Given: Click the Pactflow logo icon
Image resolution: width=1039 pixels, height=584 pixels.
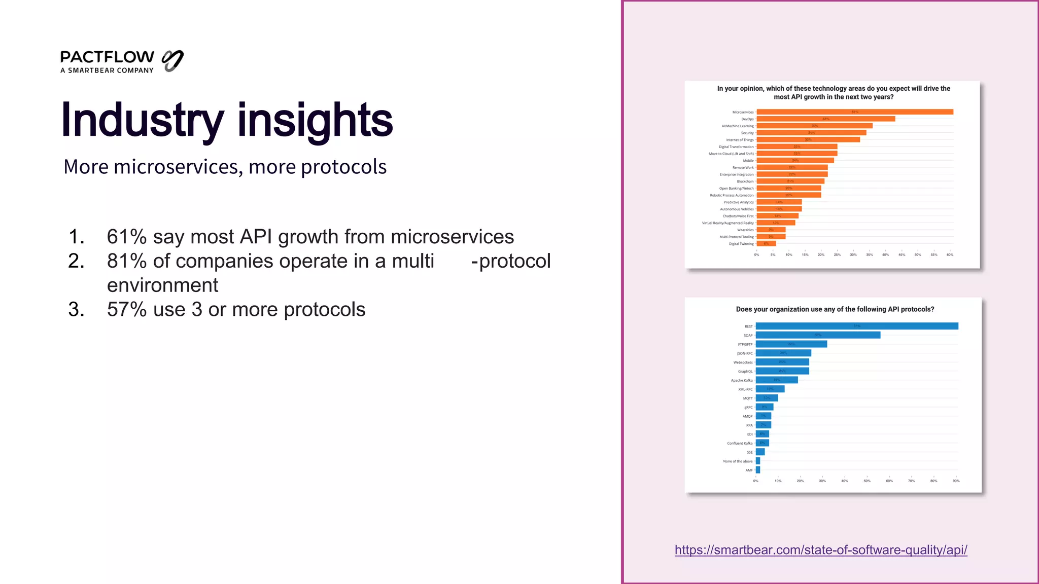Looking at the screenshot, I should point(172,61).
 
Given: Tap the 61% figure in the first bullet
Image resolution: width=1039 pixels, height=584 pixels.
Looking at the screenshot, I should point(126,237).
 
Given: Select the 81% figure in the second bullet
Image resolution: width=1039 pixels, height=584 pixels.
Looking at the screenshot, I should point(126,261).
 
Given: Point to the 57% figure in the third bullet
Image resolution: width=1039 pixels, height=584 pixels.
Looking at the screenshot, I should point(126,310).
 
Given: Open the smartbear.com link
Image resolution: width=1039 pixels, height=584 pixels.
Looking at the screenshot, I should point(820,550).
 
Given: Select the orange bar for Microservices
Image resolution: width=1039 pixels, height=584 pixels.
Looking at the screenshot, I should point(854,112).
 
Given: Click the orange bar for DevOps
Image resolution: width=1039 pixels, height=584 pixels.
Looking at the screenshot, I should point(825,119).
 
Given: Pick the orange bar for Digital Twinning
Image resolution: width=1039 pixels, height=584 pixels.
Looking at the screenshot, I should point(766,244).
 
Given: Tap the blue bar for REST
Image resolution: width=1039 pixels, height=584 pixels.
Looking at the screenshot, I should point(856,326).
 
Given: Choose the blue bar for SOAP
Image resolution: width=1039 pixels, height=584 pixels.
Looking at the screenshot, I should point(818,335).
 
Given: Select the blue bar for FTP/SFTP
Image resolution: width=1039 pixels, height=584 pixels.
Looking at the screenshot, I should point(791,344).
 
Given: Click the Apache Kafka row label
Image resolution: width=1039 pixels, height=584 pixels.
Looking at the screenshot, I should point(742,380).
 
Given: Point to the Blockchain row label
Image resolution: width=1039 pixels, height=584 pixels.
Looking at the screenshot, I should point(745,181).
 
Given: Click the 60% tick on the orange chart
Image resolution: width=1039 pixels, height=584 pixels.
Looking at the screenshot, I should point(950,254).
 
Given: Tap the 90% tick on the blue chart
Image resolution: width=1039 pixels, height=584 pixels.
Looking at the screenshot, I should point(956,481).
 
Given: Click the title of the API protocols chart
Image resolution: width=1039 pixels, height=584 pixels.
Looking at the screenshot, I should point(835,309).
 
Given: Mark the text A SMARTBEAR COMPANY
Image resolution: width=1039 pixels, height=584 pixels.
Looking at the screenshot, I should point(107,70).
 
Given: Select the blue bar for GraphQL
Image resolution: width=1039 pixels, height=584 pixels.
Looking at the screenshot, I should point(782,371).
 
